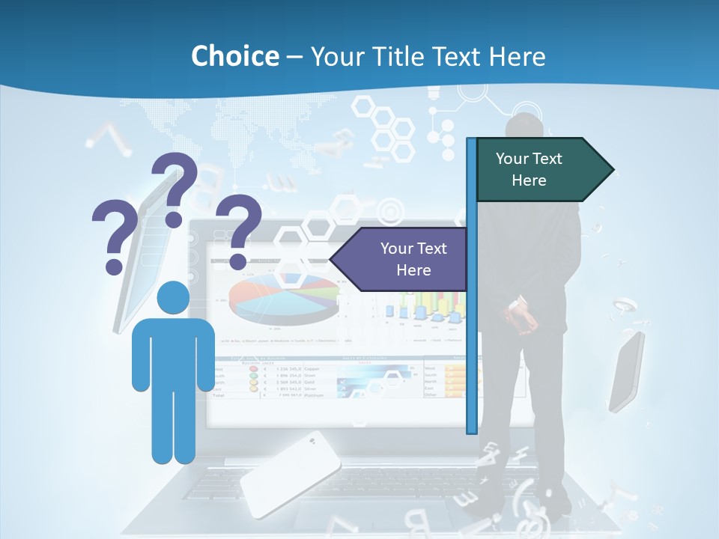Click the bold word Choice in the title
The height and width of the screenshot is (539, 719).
pos(234,56)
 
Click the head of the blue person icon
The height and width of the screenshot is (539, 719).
pos(173,299)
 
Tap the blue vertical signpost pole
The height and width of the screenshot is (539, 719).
pos(471,284)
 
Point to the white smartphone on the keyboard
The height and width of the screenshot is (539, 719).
pos(290,473)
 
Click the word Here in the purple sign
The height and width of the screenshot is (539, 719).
pos(413,270)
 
